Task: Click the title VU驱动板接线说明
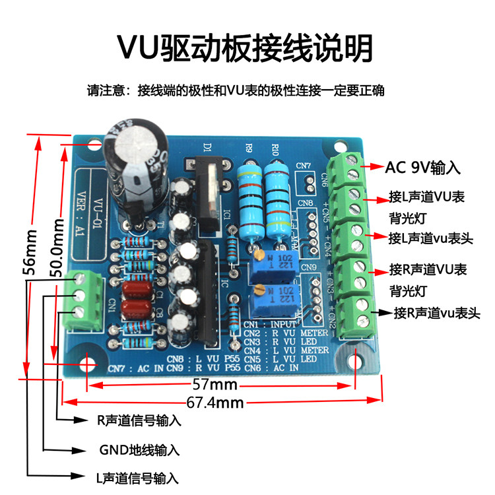pyautogui.click(x=246, y=48)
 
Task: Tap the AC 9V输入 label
pyautogui.click(x=418, y=168)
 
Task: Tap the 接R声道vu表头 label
pyautogui.click(x=436, y=313)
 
